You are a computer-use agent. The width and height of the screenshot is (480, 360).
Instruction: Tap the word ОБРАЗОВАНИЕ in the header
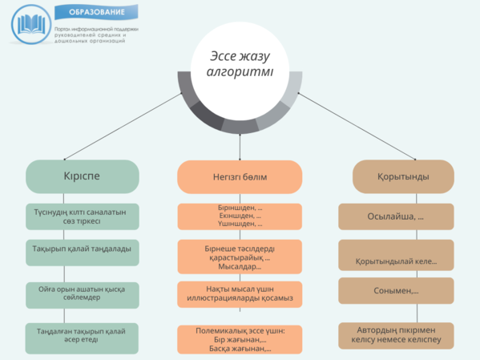point(96,13)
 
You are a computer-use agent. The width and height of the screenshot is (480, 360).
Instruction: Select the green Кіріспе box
point(82,176)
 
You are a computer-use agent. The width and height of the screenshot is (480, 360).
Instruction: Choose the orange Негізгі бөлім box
point(240,176)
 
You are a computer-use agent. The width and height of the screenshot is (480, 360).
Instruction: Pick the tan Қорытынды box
point(403,176)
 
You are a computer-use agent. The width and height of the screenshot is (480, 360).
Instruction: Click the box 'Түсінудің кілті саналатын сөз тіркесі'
point(82,216)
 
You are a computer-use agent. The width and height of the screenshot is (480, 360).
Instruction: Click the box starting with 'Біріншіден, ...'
point(240,216)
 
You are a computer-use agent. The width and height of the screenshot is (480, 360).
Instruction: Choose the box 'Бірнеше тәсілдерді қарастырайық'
point(240,257)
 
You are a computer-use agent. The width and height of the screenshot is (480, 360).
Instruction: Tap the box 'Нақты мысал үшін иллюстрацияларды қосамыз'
point(240,294)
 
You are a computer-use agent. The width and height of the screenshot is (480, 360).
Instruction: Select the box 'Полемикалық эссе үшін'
point(240,339)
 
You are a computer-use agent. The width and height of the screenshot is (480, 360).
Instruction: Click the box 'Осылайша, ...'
point(396,217)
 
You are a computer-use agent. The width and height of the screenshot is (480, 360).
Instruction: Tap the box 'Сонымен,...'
point(396,290)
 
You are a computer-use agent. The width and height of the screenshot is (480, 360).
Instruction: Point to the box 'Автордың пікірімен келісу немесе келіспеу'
point(396,336)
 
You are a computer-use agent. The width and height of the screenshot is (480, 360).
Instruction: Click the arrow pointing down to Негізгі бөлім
point(240,144)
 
